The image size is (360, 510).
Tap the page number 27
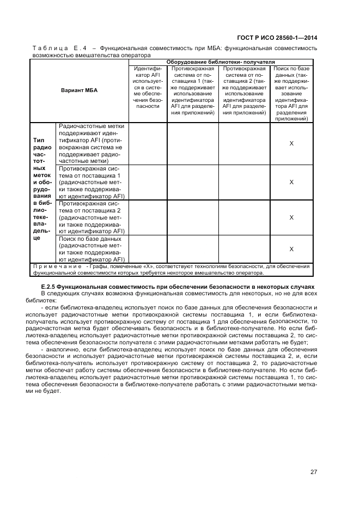click(x=314, y=472)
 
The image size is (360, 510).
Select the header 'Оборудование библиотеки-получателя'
click(x=221, y=62)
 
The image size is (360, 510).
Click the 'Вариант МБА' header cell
click(x=79, y=90)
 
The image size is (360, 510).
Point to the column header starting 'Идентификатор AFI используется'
click(x=148, y=88)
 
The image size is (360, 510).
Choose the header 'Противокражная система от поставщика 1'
click(x=192, y=90)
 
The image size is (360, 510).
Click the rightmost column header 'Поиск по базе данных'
click(x=291, y=94)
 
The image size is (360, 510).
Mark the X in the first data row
click(x=291, y=143)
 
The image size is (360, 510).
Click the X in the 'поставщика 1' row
click(x=291, y=182)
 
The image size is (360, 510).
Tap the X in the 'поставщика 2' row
click(x=291, y=217)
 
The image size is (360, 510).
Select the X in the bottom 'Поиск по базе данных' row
click(x=291, y=249)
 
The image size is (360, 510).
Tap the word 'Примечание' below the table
click(x=57, y=266)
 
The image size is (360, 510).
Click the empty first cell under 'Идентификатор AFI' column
click(x=148, y=143)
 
